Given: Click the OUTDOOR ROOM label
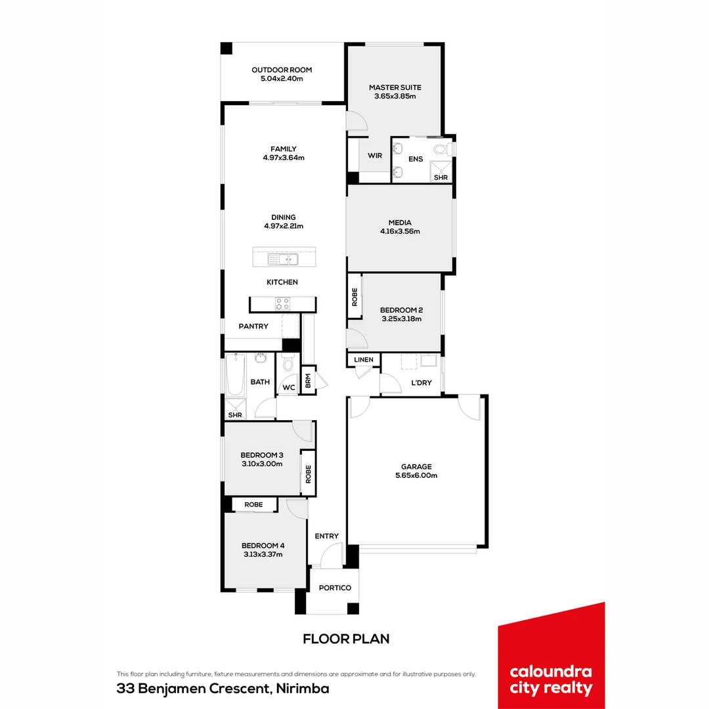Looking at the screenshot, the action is pos(282,70).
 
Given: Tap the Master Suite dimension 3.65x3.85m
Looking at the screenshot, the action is pos(395,96).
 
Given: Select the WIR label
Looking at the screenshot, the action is pos(375,156).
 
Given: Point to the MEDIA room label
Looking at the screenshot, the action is pos(400,223).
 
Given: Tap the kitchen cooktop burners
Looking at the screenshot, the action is pos(282,303).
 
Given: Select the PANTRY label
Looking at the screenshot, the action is pos(253,326).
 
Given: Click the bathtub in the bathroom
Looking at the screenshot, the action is pos(235,375).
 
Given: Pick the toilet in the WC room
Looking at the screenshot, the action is pos(288,362).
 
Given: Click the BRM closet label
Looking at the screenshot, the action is pos(308,381).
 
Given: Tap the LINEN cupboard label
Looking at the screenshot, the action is pos(364,360).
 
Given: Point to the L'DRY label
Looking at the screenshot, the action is pos(421,383).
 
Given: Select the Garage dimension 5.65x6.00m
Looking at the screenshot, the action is pos(416,475).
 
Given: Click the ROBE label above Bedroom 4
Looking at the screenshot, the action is pos(253,504).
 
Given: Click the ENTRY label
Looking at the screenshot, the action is pos(326,536).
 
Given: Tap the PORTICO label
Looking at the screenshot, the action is pos(335,588).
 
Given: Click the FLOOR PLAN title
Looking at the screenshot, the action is pos(346,639).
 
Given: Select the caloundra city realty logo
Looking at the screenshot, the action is pos(551,656).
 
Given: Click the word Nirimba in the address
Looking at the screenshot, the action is pos(303,689).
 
